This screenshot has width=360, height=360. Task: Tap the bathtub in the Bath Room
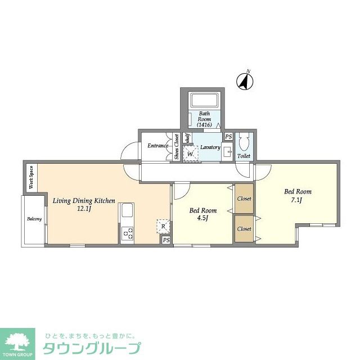(x=206, y=101)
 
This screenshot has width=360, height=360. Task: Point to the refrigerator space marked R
(x=163, y=227)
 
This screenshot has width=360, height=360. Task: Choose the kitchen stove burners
(x=127, y=233)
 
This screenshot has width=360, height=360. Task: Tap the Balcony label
(x=34, y=219)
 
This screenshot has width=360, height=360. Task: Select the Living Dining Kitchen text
(x=84, y=200)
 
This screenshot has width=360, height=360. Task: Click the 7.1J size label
(x=296, y=200)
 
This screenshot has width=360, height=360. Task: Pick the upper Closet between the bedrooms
(x=244, y=199)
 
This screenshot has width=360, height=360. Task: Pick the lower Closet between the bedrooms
(x=244, y=229)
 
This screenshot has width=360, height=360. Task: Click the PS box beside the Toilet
(x=228, y=137)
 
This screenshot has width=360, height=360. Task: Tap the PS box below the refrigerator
(x=166, y=240)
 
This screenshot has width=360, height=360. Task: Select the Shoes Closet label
(x=176, y=147)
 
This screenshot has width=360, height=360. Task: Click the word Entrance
(x=158, y=146)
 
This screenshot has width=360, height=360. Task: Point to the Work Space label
(x=31, y=177)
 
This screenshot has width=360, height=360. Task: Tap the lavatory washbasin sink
(x=227, y=152)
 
